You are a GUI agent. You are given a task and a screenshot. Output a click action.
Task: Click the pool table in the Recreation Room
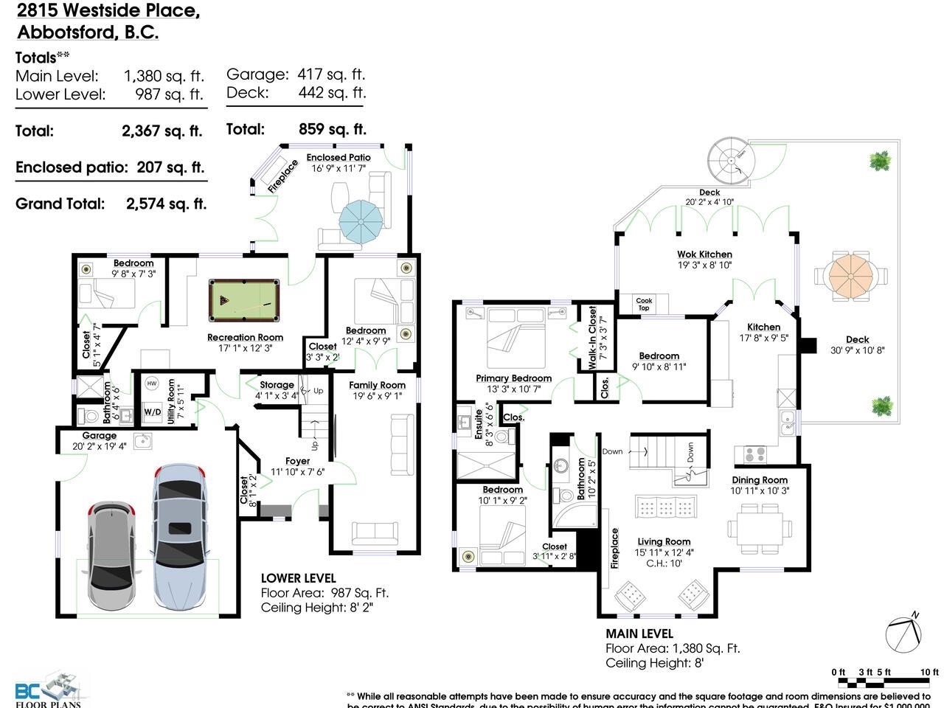coord(245,299)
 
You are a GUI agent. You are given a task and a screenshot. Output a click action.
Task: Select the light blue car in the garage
coord(180,537)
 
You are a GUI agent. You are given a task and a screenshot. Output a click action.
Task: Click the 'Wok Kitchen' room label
coord(704,254)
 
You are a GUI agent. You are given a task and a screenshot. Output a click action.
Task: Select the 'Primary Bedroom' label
coord(513,378)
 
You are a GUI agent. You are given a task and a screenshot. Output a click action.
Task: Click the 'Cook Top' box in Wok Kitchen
coord(644,304)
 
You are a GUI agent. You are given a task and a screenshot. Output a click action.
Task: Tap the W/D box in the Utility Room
coord(153,412)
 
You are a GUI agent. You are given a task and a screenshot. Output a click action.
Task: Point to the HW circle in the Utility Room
coord(152,383)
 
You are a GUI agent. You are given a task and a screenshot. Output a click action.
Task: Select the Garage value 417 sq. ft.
coord(331,74)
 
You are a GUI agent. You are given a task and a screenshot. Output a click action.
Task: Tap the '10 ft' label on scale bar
coord(929,672)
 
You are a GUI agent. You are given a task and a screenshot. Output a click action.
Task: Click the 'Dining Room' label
coord(760,480)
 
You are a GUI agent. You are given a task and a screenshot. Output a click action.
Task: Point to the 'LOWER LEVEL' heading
coord(298,578)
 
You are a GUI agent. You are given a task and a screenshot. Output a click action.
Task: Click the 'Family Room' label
coord(377,385)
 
